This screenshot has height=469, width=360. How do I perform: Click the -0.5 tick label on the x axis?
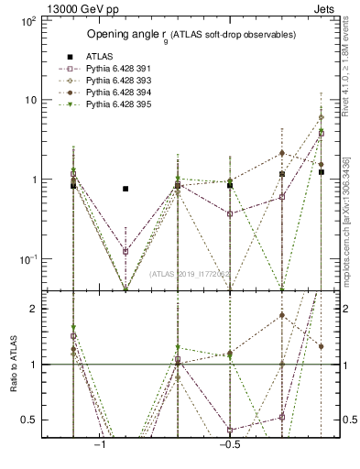tap(229, 446)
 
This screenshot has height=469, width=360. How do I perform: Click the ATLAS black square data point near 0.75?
tap(125, 189)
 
